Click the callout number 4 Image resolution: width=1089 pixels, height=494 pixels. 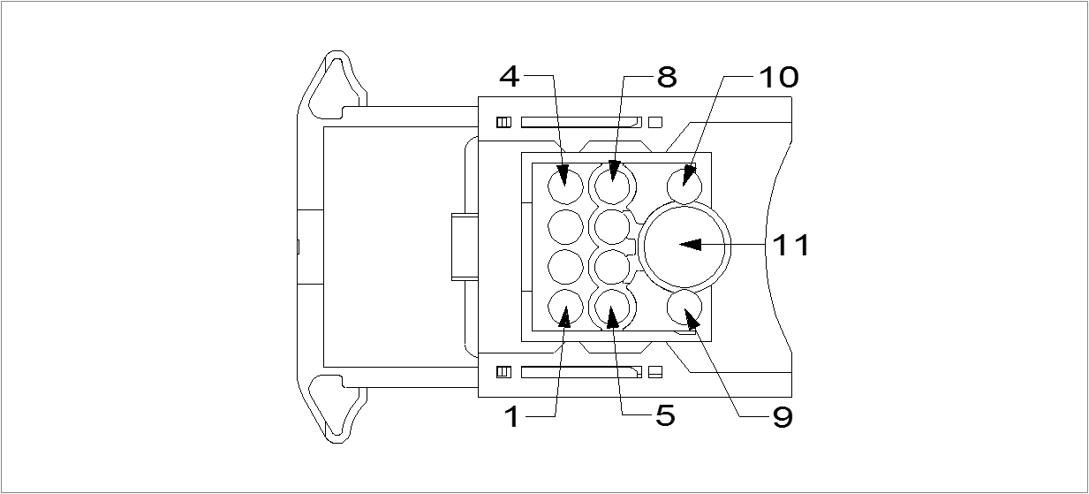pos(510,77)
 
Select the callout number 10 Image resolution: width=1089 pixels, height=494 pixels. pos(777,77)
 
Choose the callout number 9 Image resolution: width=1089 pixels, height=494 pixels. pos(782,416)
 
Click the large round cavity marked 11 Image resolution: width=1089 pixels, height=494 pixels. pos(685,245)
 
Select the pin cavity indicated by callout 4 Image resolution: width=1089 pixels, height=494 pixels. pos(565,186)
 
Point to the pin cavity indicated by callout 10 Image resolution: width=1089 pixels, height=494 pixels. pos(684,186)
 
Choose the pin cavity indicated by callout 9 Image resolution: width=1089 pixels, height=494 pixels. pos(684,308)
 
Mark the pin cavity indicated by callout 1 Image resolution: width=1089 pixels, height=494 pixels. pos(565,308)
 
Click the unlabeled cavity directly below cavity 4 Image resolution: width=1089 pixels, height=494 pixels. pos(565,226)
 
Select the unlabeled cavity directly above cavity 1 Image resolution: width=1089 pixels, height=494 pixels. pos(565,267)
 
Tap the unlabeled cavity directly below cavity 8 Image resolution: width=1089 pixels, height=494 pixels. pos(610,226)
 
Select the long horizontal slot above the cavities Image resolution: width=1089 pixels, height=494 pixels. pos(579,122)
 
